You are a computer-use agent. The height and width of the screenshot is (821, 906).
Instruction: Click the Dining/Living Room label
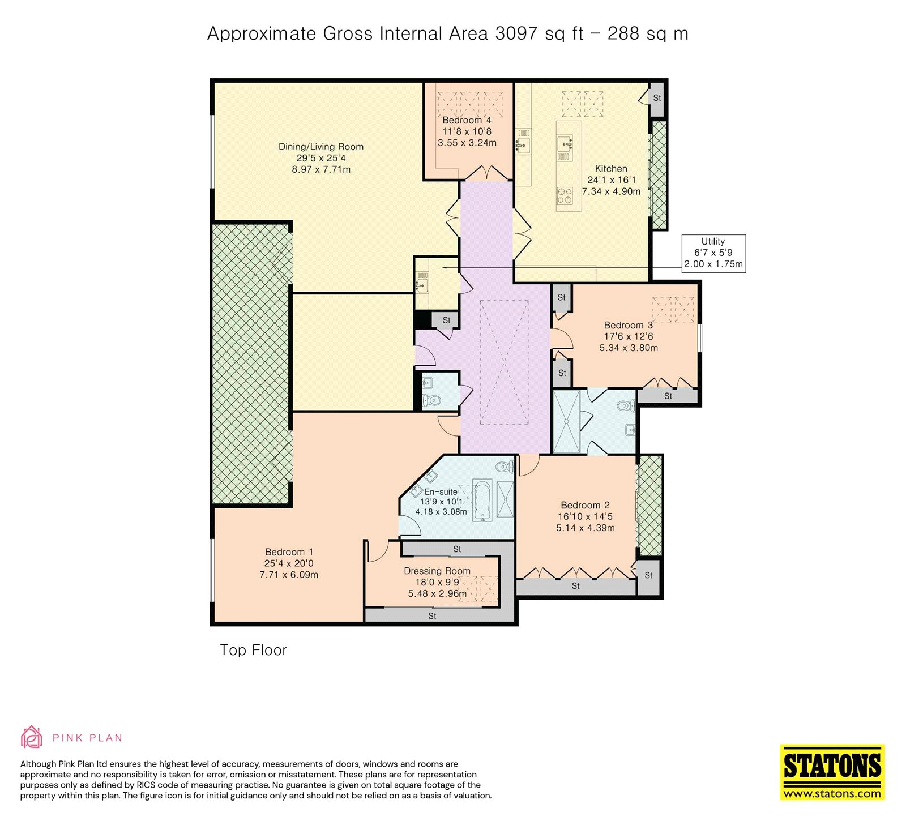[321, 147]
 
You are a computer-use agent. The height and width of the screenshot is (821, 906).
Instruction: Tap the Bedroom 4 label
[467, 120]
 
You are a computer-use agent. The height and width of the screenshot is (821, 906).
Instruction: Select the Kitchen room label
[611, 169]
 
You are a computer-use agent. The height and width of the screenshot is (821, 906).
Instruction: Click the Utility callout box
[713, 253]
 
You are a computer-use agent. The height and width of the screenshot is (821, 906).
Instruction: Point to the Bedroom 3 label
[629, 325]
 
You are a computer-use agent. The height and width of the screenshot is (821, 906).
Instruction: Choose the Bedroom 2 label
[585, 505]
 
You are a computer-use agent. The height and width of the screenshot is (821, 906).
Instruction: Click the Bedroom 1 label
[289, 552]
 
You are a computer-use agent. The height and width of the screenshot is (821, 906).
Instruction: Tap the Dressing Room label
[437, 571]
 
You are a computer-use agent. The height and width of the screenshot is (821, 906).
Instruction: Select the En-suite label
[441, 492]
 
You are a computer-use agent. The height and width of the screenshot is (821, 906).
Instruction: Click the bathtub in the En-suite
[482, 501]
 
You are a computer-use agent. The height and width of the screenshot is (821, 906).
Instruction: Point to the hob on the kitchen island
[565, 196]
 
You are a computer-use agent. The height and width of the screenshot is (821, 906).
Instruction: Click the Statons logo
[832, 772]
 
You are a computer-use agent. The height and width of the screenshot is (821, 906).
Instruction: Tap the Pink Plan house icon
[32, 737]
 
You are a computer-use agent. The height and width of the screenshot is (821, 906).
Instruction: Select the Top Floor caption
[253, 650]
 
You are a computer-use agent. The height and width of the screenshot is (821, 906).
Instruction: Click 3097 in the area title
[516, 33]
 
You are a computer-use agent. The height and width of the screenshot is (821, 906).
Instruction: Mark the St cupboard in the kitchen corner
[657, 99]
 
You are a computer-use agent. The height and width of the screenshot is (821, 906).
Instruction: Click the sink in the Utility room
[422, 283]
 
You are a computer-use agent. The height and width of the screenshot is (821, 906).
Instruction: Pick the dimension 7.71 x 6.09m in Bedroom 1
[289, 575]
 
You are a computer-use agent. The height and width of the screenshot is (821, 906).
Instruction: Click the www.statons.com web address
[832, 793]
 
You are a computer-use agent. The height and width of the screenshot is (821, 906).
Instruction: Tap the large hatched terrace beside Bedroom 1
[252, 364]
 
